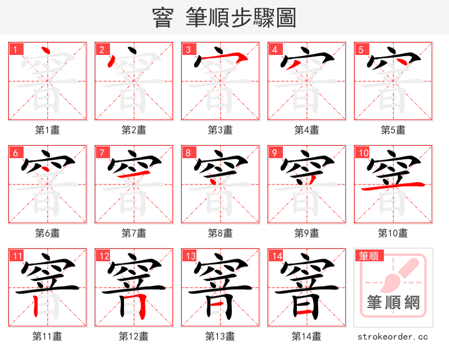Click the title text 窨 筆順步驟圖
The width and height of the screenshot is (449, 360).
click(224, 18)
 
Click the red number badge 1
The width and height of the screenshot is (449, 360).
click(15, 49)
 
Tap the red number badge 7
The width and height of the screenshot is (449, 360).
click(102, 153)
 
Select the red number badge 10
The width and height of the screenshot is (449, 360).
click(363, 153)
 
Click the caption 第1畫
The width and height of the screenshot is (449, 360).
click(48, 130)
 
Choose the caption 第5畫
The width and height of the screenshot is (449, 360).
click(393, 130)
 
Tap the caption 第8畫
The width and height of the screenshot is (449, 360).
click(220, 233)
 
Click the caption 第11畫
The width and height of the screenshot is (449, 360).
click(48, 336)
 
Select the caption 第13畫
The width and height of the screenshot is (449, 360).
click(220, 336)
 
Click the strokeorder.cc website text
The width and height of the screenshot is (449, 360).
click(393, 336)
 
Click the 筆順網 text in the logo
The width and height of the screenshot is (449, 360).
click(393, 303)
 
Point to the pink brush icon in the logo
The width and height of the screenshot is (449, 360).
click(400, 274)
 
